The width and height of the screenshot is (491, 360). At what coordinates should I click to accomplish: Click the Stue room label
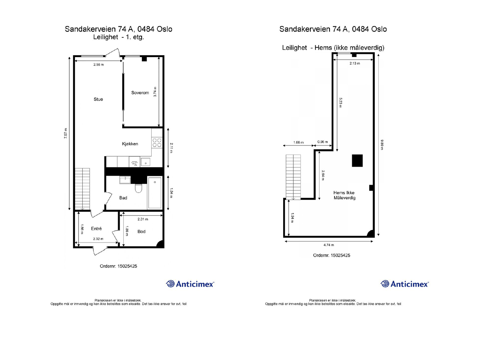pyautogui.click(x=98, y=99)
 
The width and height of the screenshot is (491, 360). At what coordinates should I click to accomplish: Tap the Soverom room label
pyautogui.click(x=140, y=93)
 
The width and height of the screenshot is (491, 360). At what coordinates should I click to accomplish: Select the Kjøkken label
pyautogui.click(x=130, y=144)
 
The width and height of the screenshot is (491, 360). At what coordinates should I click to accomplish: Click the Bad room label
pyautogui.click(x=123, y=198)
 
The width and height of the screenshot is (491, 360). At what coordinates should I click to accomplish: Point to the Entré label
pyautogui.click(x=96, y=228)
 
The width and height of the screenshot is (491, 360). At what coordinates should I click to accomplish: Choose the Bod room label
pyautogui.click(x=141, y=232)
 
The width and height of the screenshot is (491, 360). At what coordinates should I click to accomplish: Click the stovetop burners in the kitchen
pyautogui.click(x=157, y=143)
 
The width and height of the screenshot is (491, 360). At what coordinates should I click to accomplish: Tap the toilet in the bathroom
pyautogui.click(x=138, y=188)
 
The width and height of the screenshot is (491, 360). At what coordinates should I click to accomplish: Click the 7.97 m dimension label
pyautogui.click(x=65, y=133)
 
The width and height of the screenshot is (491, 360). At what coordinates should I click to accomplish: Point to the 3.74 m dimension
pyautogui.click(x=155, y=92)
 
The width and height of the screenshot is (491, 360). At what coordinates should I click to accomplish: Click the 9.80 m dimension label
pyautogui.click(x=382, y=144)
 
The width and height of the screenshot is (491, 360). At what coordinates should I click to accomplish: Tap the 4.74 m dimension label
pyautogui.click(x=329, y=245)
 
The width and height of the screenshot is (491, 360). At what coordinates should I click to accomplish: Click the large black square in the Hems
pyautogui.click(x=357, y=161)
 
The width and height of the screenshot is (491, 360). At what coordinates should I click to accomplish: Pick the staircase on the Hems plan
pyautogui.click(x=293, y=177)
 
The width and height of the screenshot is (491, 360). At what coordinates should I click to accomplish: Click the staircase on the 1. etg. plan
pyautogui.click(x=83, y=189)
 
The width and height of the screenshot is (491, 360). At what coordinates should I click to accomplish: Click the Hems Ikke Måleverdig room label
pyautogui.click(x=344, y=195)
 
